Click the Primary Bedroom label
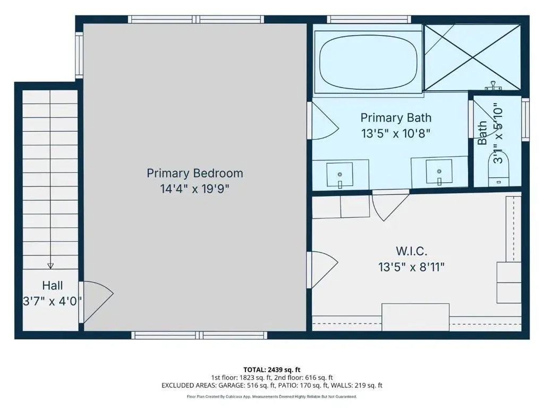(x=194, y=173)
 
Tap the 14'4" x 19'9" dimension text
(x=194, y=189)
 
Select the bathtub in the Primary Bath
(x=369, y=62)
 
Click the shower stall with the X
(x=473, y=57)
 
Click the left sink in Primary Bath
(x=339, y=174)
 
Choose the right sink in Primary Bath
(x=439, y=172)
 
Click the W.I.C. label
(x=412, y=251)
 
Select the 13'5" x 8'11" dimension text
(x=412, y=267)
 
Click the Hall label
(x=53, y=285)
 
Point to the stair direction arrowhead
(x=50, y=266)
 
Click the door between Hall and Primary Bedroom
(x=96, y=302)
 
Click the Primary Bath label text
(x=396, y=117)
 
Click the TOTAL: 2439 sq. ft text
(x=271, y=370)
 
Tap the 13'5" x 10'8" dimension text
(x=396, y=133)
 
